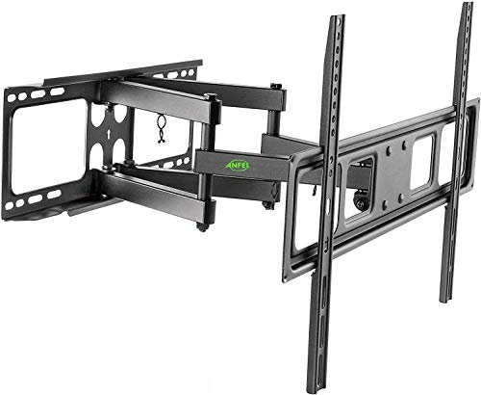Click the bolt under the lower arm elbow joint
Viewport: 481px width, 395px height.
point(202,227)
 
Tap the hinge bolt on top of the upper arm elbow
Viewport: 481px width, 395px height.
point(278,89)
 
